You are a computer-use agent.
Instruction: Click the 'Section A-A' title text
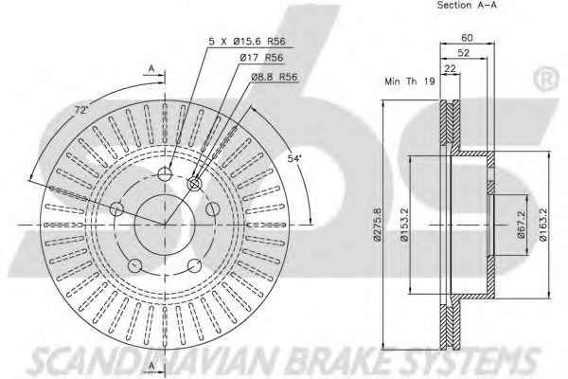[x=467, y=5]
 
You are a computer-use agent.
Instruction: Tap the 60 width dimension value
[x=468, y=37]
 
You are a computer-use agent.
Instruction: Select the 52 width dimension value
[x=463, y=53]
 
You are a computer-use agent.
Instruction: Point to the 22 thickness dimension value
[x=450, y=68]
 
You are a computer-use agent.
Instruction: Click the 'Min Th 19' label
[x=410, y=81]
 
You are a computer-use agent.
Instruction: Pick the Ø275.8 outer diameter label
[x=377, y=225]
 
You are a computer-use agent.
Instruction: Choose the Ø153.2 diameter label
[x=404, y=225]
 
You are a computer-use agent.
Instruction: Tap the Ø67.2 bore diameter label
[x=522, y=225]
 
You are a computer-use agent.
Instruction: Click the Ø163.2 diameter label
[x=542, y=225]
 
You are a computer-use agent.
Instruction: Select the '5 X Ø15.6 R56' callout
[x=247, y=42]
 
